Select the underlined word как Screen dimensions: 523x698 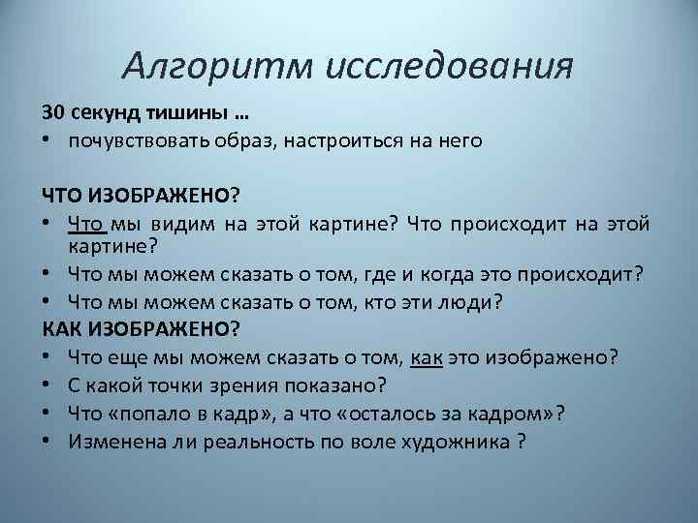click(x=427, y=356)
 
